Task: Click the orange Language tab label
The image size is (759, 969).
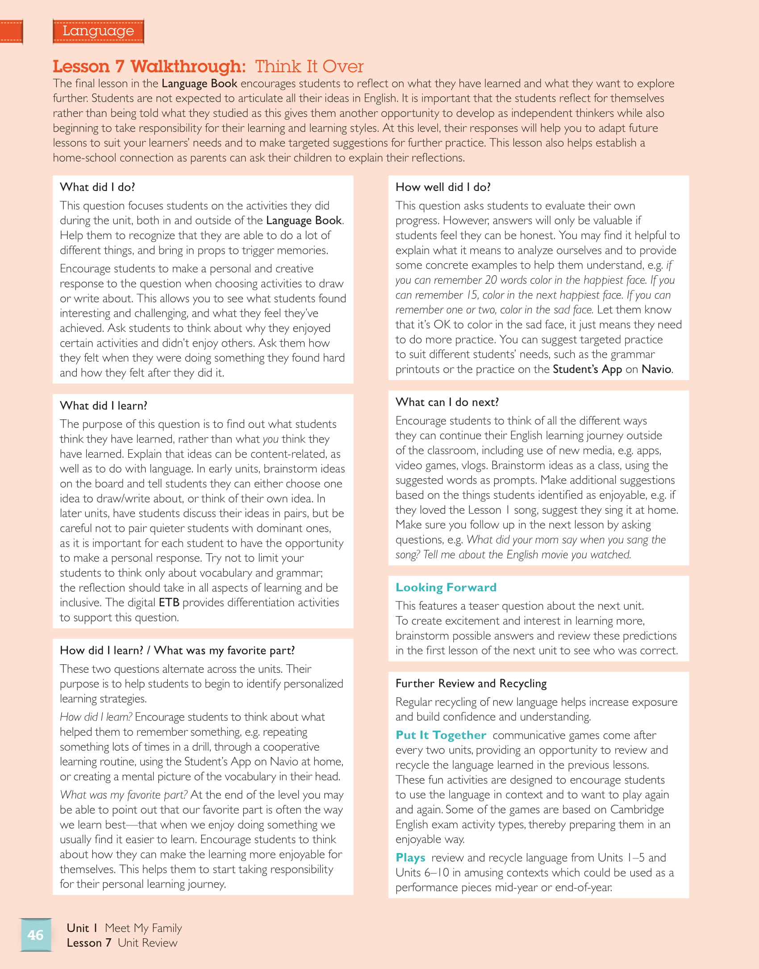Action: [98, 31]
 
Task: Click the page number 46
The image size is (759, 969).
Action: [35, 935]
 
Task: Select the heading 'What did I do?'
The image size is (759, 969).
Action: [97, 187]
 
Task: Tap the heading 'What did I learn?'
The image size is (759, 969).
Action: [104, 406]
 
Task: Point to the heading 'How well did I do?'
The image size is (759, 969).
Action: [443, 187]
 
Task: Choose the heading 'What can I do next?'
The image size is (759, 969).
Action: [447, 402]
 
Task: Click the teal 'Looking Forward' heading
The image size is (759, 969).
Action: [446, 587]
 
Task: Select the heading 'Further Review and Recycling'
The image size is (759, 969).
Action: [471, 683]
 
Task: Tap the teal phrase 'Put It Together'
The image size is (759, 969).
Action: [441, 735]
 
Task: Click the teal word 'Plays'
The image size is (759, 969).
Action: [410, 857]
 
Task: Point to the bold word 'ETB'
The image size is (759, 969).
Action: [169, 602]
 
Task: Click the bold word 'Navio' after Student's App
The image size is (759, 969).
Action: [656, 369]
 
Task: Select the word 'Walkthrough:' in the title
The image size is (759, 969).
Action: [188, 66]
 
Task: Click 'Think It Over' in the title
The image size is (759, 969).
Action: [309, 66]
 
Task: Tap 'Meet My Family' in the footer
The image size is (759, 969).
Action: [143, 928]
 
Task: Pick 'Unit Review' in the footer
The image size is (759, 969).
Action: [147, 943]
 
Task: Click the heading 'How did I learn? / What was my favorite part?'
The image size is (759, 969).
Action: [177, 650]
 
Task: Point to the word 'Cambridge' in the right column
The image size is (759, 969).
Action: [637, 809]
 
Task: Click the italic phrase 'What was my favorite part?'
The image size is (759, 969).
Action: [124, 795]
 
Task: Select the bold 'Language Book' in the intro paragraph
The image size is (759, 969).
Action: [199, 83]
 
